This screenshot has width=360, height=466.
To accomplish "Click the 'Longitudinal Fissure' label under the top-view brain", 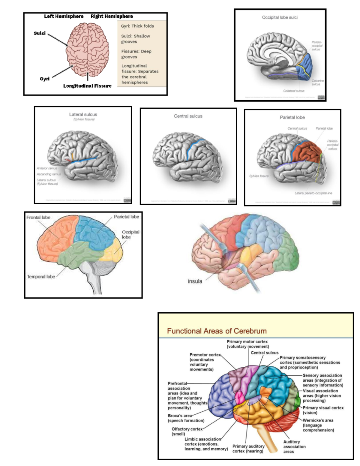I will (87, 86).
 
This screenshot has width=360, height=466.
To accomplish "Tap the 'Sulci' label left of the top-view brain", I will (40, 33).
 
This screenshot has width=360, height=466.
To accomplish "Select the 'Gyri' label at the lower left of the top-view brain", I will (45, 79).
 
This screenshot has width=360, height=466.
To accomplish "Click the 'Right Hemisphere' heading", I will (112, 16).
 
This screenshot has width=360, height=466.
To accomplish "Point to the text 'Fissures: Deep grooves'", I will (136, 54).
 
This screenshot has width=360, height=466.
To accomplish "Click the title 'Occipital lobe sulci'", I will (280, 17).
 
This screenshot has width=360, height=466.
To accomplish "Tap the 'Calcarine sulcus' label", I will (317, 83).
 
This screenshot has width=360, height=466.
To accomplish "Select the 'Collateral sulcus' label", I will (293, 91).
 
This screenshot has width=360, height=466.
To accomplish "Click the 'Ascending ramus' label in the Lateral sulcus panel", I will (49, 174).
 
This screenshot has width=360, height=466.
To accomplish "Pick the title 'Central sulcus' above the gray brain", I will (188, 116).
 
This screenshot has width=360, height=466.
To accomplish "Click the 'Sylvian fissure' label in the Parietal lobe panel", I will (259, 176).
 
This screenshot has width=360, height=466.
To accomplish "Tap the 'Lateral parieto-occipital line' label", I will (313, 193).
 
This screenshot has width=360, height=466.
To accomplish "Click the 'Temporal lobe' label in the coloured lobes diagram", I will (41, 277).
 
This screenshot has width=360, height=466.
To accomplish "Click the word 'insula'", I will (195, 281).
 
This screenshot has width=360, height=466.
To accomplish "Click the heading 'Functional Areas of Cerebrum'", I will (217, 331).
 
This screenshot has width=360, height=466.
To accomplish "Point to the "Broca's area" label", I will (186, 418).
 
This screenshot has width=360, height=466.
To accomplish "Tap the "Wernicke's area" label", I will (318, 425).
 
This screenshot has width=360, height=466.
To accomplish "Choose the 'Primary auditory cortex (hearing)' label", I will (248, 449).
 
